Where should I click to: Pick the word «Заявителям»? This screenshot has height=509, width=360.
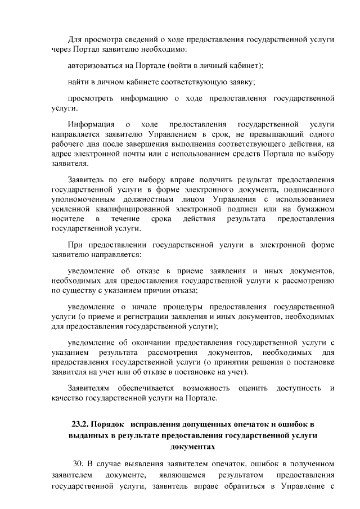[89, 388]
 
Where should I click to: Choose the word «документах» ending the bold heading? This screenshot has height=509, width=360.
[192, 445]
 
